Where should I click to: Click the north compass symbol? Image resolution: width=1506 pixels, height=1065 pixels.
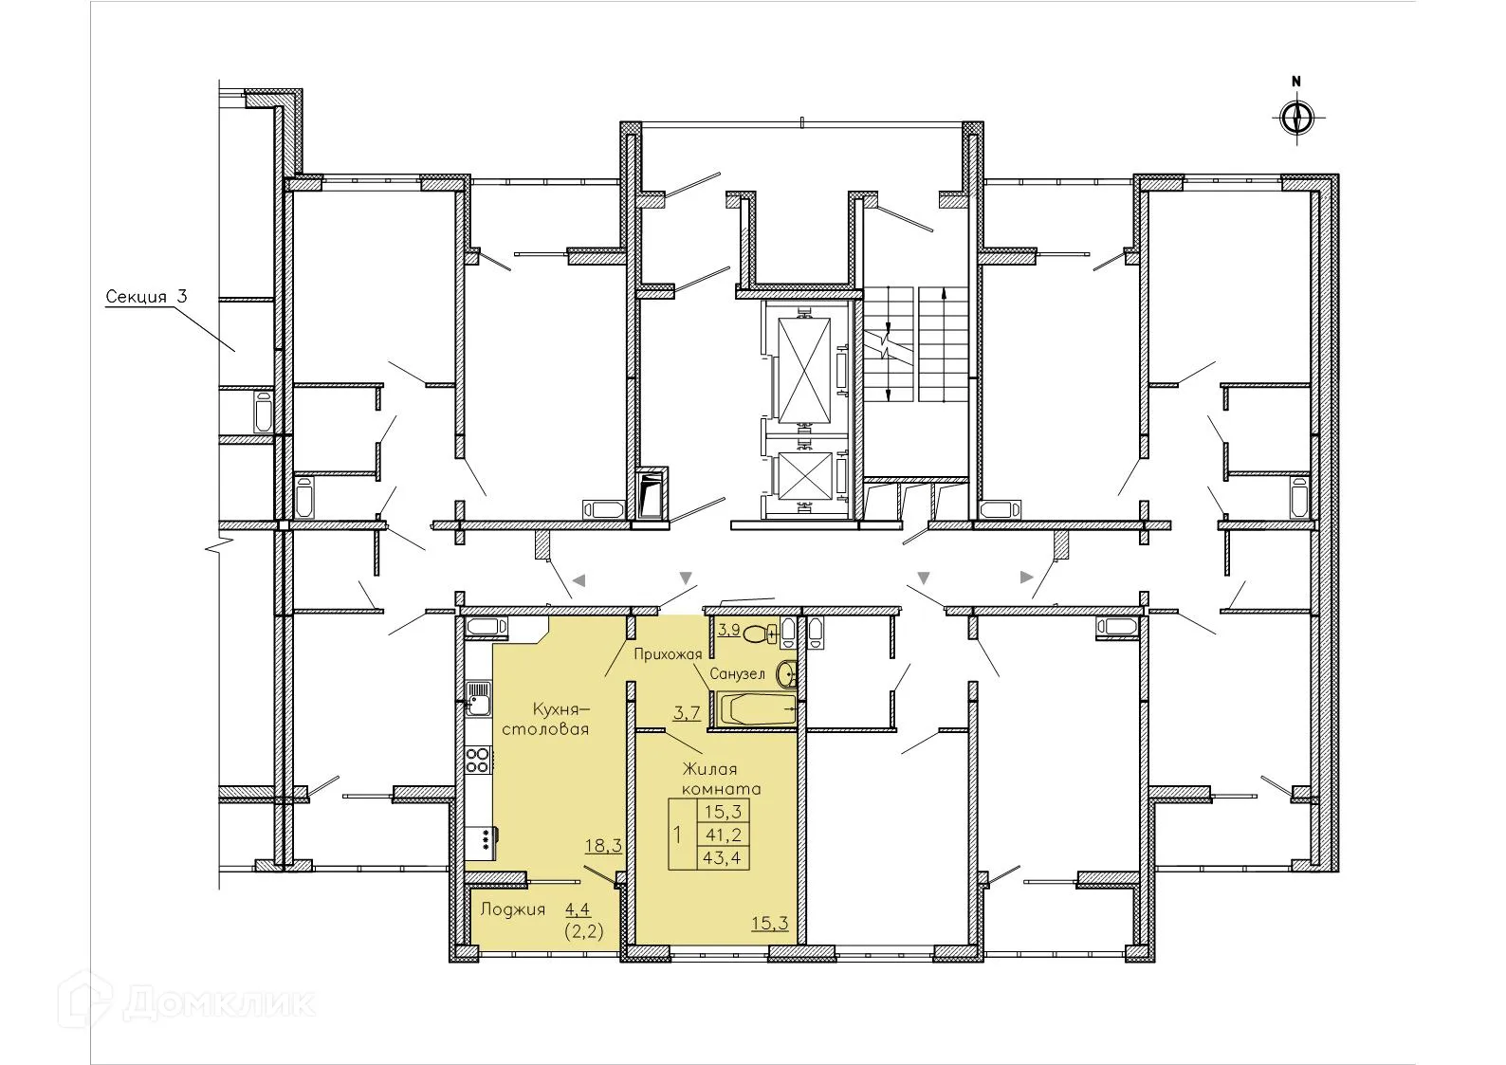pos(1295,119)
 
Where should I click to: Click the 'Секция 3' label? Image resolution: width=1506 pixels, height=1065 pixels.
pos(146,297)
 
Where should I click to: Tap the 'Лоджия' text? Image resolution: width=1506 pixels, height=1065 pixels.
pos(512,909)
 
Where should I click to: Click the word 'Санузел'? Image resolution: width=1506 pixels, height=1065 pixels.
pos(742,674)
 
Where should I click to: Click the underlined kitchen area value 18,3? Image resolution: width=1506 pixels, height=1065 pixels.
pos(603,845)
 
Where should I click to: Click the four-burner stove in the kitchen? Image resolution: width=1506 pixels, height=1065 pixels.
pos(477,760)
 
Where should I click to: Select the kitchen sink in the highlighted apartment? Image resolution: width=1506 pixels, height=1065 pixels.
pos(477,703)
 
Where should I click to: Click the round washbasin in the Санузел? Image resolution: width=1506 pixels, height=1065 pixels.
pos(786,674)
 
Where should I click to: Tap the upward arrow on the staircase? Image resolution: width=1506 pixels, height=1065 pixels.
pos(943,296)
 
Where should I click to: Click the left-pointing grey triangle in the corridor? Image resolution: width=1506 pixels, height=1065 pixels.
pos(579,579)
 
